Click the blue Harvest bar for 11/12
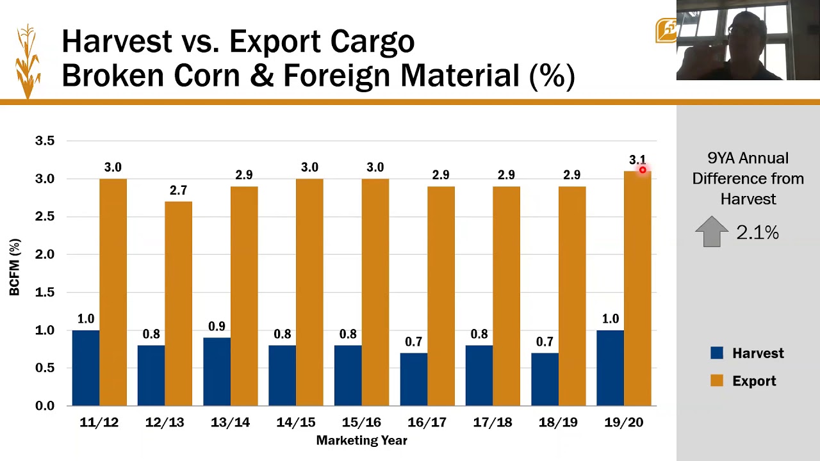click(x=85, y=368)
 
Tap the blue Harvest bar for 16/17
click(x=413, y=379)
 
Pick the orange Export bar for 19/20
click(x=637, y=288)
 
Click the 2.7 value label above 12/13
click(x=178, y=190)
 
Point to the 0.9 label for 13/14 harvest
click(x=217, y=327)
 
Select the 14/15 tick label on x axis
click(x=295, y=423)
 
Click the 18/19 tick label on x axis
click(x=558, y=423)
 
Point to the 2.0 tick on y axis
click(x=45, y=254)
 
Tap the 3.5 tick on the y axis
click(x=45, y=140)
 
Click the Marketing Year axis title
click(x=361, y=441)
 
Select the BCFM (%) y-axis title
click(x=15, y=267)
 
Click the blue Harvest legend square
click(x=717, y=353)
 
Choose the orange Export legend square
click(x=717, y=381)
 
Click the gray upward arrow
click(x=712, y=231)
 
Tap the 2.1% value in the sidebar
click(x=757, y=232)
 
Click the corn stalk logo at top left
click(x=28, y=61)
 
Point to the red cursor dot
click(x=643, y=170)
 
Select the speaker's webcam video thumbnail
click(x=748, y=40)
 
